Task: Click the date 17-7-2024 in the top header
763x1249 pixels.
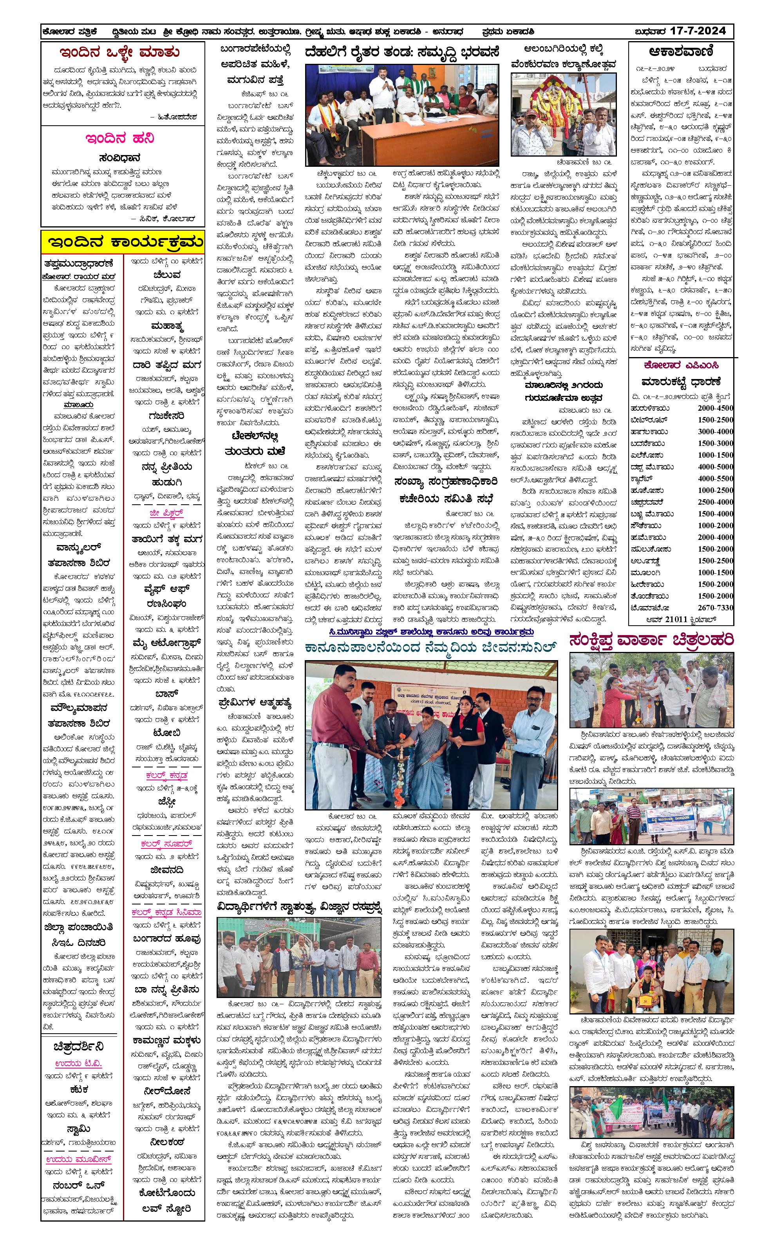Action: [697, 31]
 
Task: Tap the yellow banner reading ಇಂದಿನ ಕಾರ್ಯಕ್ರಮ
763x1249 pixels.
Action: [124, 242]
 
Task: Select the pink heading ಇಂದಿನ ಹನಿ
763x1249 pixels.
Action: [119, 138]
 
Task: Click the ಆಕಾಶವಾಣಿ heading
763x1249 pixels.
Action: [680, 51]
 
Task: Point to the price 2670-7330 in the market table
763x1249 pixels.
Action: [715, 608]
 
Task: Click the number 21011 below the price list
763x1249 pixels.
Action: [679, 619]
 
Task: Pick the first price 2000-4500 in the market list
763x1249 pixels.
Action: [715, 408]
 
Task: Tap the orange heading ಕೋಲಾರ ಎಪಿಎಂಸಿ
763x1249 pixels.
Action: [681, 365]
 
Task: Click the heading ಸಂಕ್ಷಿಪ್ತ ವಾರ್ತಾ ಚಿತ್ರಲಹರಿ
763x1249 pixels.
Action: [651, 640]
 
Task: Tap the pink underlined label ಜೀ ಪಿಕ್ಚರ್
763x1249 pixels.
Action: [166, 513]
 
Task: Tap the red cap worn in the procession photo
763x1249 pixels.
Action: [532, 112]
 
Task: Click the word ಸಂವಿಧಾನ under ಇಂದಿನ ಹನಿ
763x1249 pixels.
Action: [119, 158]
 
